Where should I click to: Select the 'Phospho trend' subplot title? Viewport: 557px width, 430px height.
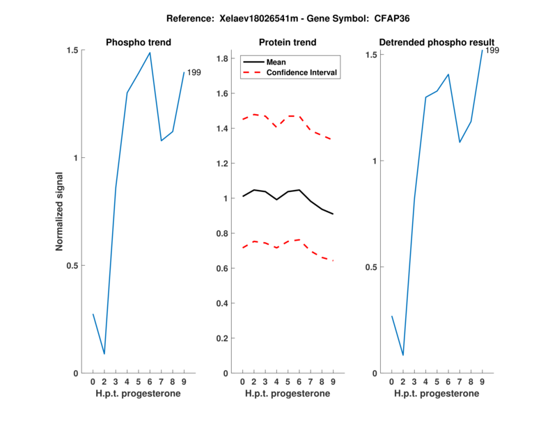coord(139,42)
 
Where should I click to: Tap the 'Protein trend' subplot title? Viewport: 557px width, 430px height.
coord(288,42)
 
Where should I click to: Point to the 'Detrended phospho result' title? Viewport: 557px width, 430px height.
coord(437,42)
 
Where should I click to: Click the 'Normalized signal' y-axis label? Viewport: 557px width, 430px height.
coord(60,212)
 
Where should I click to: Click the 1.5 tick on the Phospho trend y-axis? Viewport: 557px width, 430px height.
coord(72,50)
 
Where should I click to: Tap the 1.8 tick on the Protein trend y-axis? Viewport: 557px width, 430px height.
coord(221,59)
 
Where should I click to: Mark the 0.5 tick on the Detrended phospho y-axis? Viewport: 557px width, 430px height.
coord(370,267)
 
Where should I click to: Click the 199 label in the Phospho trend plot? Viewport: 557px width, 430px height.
coord(194,72)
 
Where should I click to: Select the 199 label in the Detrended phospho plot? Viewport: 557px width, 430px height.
coord(492,50)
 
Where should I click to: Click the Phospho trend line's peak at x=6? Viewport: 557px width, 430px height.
coord(150,52)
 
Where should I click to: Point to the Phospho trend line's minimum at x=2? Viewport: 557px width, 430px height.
coord(104,354)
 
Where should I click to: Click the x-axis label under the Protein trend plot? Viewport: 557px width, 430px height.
coord(288,394)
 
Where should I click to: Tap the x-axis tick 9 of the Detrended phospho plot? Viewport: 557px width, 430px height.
coord(482,381)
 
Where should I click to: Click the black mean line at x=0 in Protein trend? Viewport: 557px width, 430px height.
coord(242,196)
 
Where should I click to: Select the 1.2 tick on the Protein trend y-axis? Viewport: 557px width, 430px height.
coord(221,164)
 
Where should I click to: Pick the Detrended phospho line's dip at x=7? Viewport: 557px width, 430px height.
coord(460,143)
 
